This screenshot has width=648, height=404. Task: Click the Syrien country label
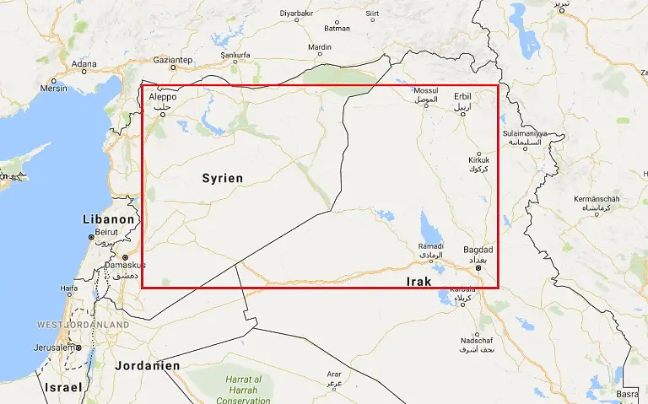point(223,178)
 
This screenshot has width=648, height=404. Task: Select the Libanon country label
point(108,219)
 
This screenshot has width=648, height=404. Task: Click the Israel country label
point(63,387)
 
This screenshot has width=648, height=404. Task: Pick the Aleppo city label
point(163,98)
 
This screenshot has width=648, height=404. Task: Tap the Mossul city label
point(426,91)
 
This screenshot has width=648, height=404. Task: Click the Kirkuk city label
point(478,160)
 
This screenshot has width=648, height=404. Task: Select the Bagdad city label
point(478,250)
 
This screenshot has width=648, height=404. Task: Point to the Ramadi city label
point(430,246)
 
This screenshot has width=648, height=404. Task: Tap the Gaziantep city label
point(174,60)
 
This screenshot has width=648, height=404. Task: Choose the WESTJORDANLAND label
point(83,325)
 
